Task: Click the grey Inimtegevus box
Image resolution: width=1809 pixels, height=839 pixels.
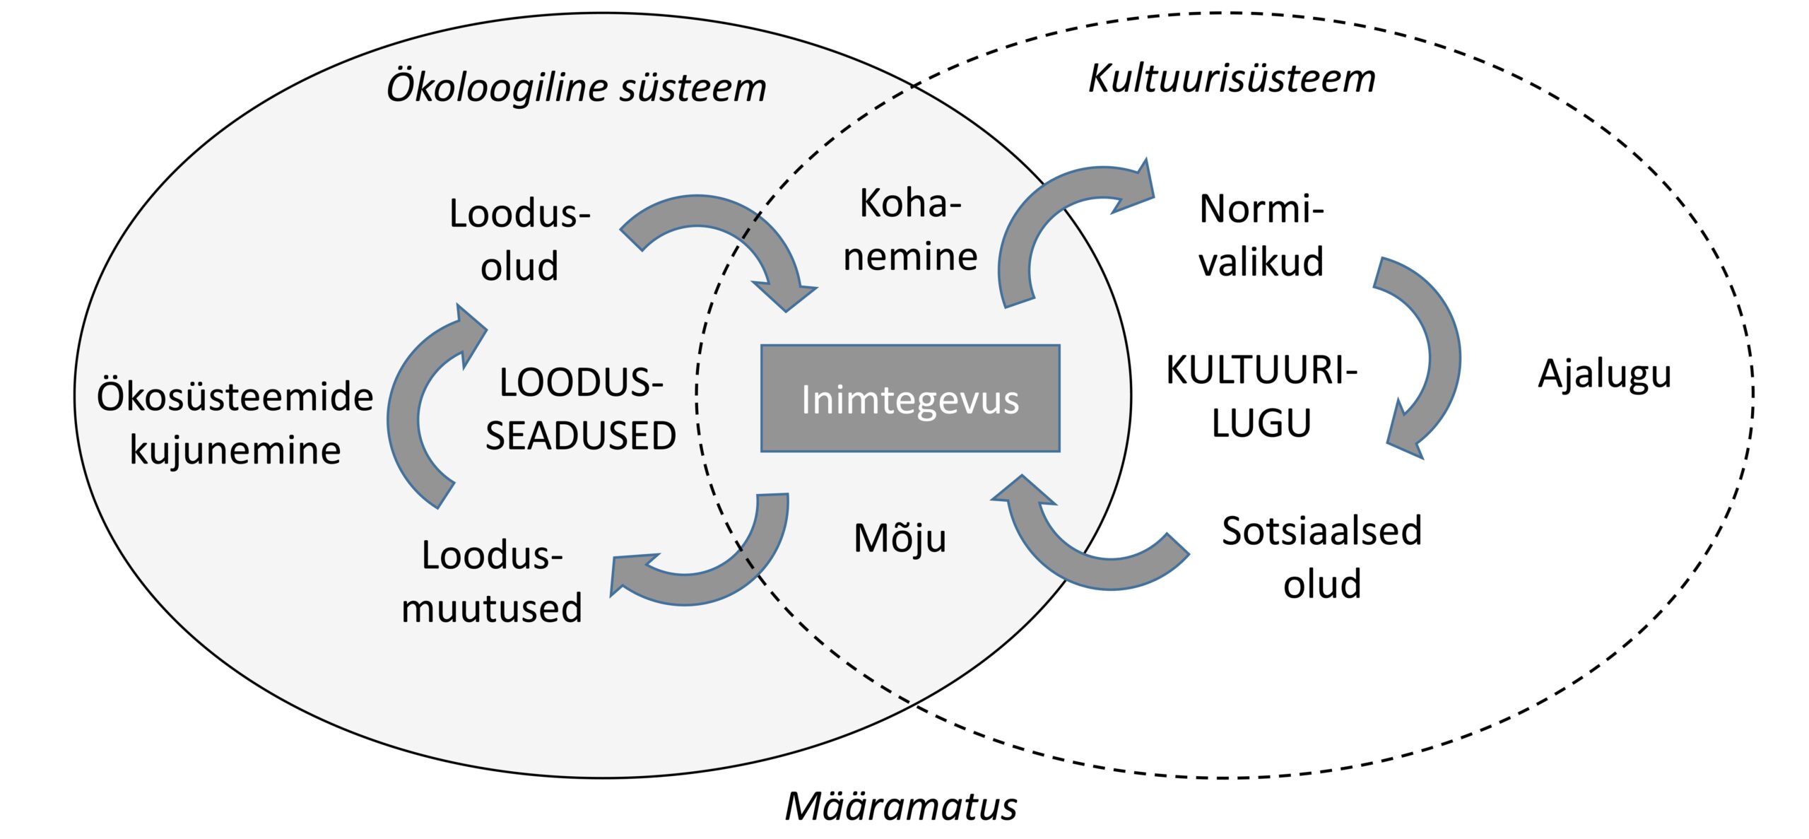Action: (x=910, y=399)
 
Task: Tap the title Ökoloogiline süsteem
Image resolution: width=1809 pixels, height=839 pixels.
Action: (x=576, y=88)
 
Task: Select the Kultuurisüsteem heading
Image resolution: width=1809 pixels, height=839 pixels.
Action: (x=1232, y=78)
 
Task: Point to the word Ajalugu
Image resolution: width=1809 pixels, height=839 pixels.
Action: (x=1604, y=373)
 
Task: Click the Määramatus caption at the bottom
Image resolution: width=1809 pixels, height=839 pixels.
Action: (x=901, y=806)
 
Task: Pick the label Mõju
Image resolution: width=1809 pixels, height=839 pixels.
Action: (x=900, y=539)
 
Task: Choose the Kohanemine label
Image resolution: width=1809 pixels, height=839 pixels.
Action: (x=910, y=230)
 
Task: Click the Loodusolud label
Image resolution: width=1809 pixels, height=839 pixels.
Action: (x=519, y=240)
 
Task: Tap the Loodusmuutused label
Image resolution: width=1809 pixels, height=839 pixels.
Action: (x=492, y=582)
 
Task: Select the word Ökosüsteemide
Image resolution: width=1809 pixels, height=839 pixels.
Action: (x=235, y=397)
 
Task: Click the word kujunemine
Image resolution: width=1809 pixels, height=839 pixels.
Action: (x=235, y=450)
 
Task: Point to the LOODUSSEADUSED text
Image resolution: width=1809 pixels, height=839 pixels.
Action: (x=581, y=409)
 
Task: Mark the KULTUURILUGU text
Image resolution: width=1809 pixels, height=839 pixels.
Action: (x=1261, y=397)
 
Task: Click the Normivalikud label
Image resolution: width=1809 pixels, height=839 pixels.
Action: (x=1261, y=235)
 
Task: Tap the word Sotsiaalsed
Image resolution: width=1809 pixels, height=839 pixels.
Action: (x=1321, y=531)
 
